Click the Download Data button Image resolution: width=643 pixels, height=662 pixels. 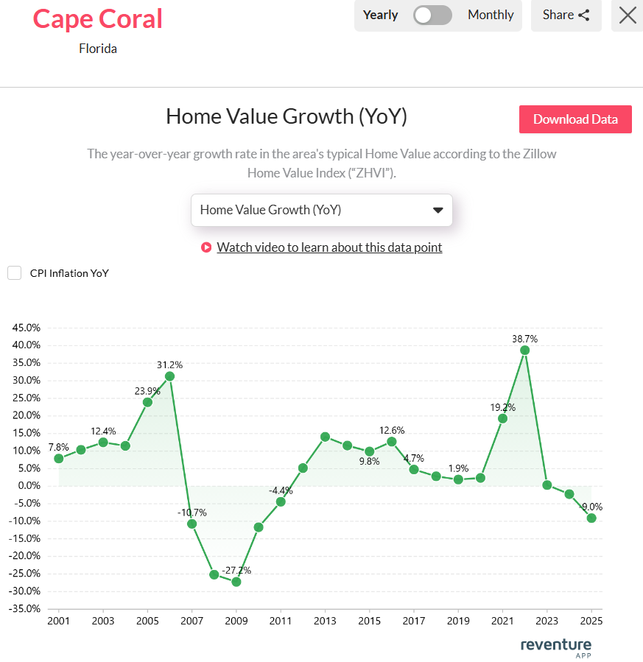tap(575, 119)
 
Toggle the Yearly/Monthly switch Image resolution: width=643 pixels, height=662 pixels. tap(432, 15)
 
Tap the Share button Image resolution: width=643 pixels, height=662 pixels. tap(566, 15)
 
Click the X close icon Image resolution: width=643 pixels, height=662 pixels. tap(628, 15)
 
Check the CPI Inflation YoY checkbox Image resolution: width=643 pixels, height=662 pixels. tap(14, 273)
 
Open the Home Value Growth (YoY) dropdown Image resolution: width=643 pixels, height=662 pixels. tap(321, 210)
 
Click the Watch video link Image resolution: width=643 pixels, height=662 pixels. tap(329, 247)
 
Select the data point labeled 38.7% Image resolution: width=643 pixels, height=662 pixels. tap(524, 350)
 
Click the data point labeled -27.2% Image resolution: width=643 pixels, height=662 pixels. tap(236, 582)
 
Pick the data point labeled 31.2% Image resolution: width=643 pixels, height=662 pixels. tap(169, 376)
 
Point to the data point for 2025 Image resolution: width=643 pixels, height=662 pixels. tap(591, 518)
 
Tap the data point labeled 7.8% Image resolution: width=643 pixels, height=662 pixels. tap(59, 458)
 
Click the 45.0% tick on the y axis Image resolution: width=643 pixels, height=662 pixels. tap(26, 328)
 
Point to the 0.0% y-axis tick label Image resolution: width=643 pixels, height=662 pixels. tap(28, 486)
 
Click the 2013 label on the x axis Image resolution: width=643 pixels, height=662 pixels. tap(324, 621)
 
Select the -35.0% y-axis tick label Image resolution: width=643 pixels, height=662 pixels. tap(24, 609)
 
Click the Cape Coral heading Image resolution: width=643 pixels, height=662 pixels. tap(98, 18)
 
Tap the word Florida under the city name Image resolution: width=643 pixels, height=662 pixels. tap(98, 49)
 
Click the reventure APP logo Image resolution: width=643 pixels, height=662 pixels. tap(555, 647)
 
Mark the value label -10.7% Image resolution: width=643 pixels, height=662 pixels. tap(191, 513)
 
